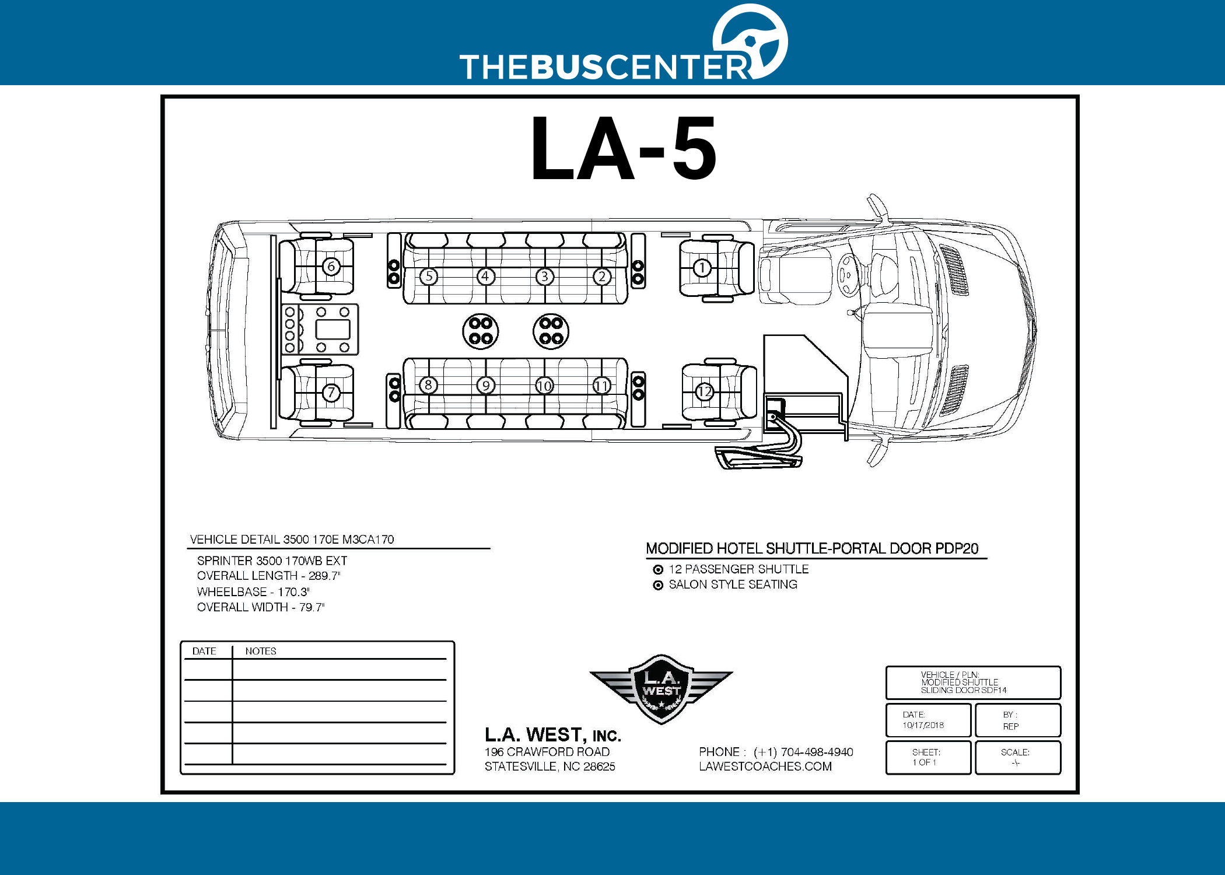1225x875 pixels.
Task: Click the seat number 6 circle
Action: click(331, 267)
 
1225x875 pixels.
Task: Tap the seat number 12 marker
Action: click(705, 391)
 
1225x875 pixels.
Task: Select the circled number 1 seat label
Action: click(702, 268)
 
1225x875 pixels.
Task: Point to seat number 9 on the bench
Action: click(486, 386)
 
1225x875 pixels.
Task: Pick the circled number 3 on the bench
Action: click(544, 276)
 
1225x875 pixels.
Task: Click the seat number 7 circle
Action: click(331, 393)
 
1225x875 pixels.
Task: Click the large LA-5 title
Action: click(624, 148)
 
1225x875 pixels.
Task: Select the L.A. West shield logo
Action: click(661, 689)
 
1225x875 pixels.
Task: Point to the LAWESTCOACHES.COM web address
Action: click(765, 766)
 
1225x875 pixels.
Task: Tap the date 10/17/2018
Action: click(923, 725)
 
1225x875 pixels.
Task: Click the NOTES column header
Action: click(261, 651)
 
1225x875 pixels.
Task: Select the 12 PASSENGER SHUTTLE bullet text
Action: click(738, 569)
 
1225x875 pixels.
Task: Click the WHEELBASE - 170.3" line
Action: click(253, 591)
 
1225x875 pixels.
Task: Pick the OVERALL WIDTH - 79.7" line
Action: click(261, 607)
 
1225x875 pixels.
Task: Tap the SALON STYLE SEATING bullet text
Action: click(733, 584)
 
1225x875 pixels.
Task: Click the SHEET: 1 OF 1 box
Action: click(928, 757)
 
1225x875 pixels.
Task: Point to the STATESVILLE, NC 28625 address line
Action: click(549, 766)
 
